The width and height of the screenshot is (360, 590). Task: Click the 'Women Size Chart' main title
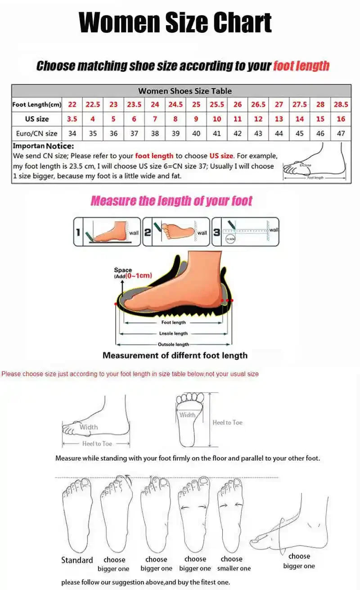pos(175,22)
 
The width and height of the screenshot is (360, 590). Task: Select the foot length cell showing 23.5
pos(134,104)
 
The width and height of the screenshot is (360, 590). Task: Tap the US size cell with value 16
pos(341,119)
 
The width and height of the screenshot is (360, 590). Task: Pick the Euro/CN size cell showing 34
pos(72,134)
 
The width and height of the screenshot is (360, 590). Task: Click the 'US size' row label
pos(36,119)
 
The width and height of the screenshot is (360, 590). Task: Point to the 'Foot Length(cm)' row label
pos(36,105)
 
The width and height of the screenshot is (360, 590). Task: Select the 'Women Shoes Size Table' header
pos(185,91)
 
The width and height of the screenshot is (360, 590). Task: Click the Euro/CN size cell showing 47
pos(341,134)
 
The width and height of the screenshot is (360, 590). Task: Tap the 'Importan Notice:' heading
pos(43,146)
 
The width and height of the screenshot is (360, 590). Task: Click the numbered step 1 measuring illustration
pos(107,232)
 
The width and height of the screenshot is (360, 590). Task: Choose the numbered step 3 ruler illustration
pos(245,232)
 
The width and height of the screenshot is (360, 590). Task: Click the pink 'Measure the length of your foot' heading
pos(171,201)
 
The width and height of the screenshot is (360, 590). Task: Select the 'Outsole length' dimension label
pos(173,344)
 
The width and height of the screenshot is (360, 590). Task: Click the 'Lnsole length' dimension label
pos(173,334)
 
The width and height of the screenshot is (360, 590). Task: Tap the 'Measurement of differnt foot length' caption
pos(175,355)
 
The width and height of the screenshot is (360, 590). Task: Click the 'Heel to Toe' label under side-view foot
pos(97,443)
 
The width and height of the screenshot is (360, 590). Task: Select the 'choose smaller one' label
pos(234,563)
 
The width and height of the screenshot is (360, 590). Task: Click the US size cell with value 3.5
pos(72,119)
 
